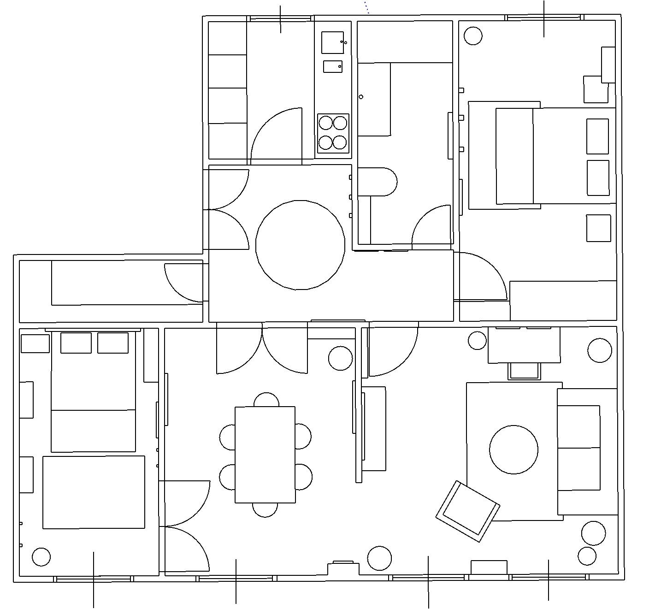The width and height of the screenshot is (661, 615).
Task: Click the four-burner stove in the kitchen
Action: pos(333,132)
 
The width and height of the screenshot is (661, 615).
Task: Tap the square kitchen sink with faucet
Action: pos(332,42)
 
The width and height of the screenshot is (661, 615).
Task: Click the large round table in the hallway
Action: pos(300,245)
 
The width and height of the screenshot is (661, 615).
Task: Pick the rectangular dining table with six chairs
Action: pos(265,455)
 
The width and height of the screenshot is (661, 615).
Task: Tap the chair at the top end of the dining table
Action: pos(266,400)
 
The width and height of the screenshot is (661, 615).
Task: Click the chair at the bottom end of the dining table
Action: pos(265,509)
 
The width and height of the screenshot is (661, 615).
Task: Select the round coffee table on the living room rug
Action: pos(513,449)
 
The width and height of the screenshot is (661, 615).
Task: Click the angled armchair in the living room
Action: pos(468,511)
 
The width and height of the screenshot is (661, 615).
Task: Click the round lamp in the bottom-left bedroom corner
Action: pos(41,557)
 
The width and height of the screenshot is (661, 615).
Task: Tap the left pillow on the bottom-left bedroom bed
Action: pos(76,343)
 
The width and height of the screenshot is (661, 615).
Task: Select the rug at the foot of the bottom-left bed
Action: pos(94,492)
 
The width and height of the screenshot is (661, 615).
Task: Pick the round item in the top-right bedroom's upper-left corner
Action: pos(472,35)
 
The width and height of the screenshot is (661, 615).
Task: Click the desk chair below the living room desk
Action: pos(524,371)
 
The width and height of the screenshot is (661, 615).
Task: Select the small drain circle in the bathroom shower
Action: pos(361,97)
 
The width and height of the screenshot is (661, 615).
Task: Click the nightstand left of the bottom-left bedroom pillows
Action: pos(35,343)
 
